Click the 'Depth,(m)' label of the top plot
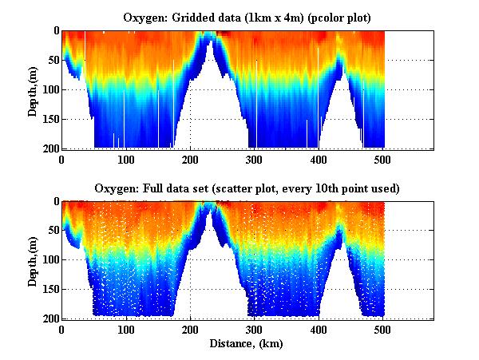click(33, 89)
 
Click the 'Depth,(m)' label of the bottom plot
click(33, 260)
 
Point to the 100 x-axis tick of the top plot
click(126, 160)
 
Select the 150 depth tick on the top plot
click(48, 119)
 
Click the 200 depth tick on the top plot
click(48, 148)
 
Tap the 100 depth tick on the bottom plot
click(48, 260)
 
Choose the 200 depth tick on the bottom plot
click(48, 318)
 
